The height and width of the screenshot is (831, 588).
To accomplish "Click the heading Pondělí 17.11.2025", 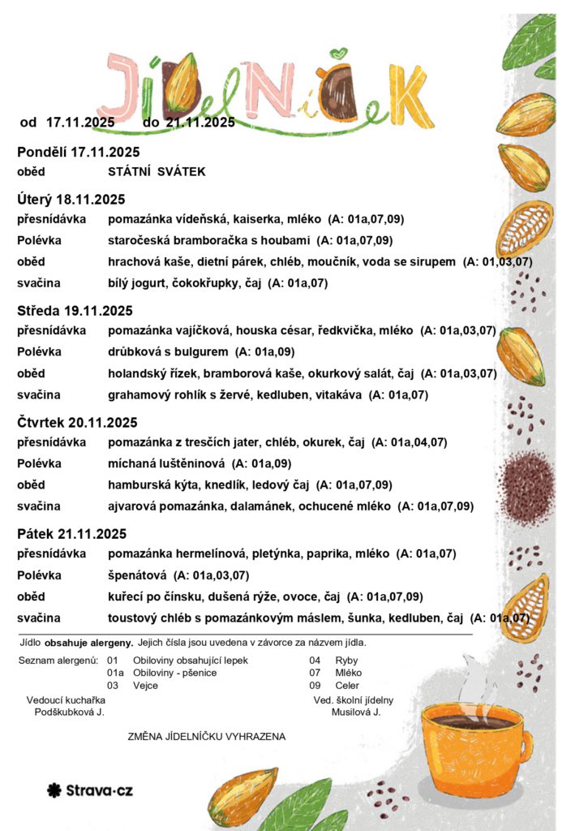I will click(78, 152).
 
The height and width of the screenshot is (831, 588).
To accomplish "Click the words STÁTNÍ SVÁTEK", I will click(157, 172).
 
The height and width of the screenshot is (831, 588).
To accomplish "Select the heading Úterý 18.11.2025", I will click(71, 199).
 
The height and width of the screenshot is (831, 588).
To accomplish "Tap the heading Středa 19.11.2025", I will click(75, 311).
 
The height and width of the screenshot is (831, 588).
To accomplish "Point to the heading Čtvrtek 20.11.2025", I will click(77, 423).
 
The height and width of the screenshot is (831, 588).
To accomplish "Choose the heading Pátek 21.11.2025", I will click(71, 534).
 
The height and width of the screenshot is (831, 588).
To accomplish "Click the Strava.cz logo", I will click(90, 789).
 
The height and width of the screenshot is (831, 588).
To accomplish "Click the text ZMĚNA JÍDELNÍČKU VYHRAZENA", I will click(207, 737).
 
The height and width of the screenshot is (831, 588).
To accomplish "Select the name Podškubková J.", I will click(69, 712).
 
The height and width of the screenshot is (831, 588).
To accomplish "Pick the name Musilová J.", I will click(355, 712).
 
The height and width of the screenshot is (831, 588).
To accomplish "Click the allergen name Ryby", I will click(346, 661).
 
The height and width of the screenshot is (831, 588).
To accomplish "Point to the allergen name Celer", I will click(347, 686).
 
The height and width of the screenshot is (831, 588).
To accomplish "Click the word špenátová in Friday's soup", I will click(137, 576).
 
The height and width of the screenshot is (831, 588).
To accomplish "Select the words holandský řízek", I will click(152, 374).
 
